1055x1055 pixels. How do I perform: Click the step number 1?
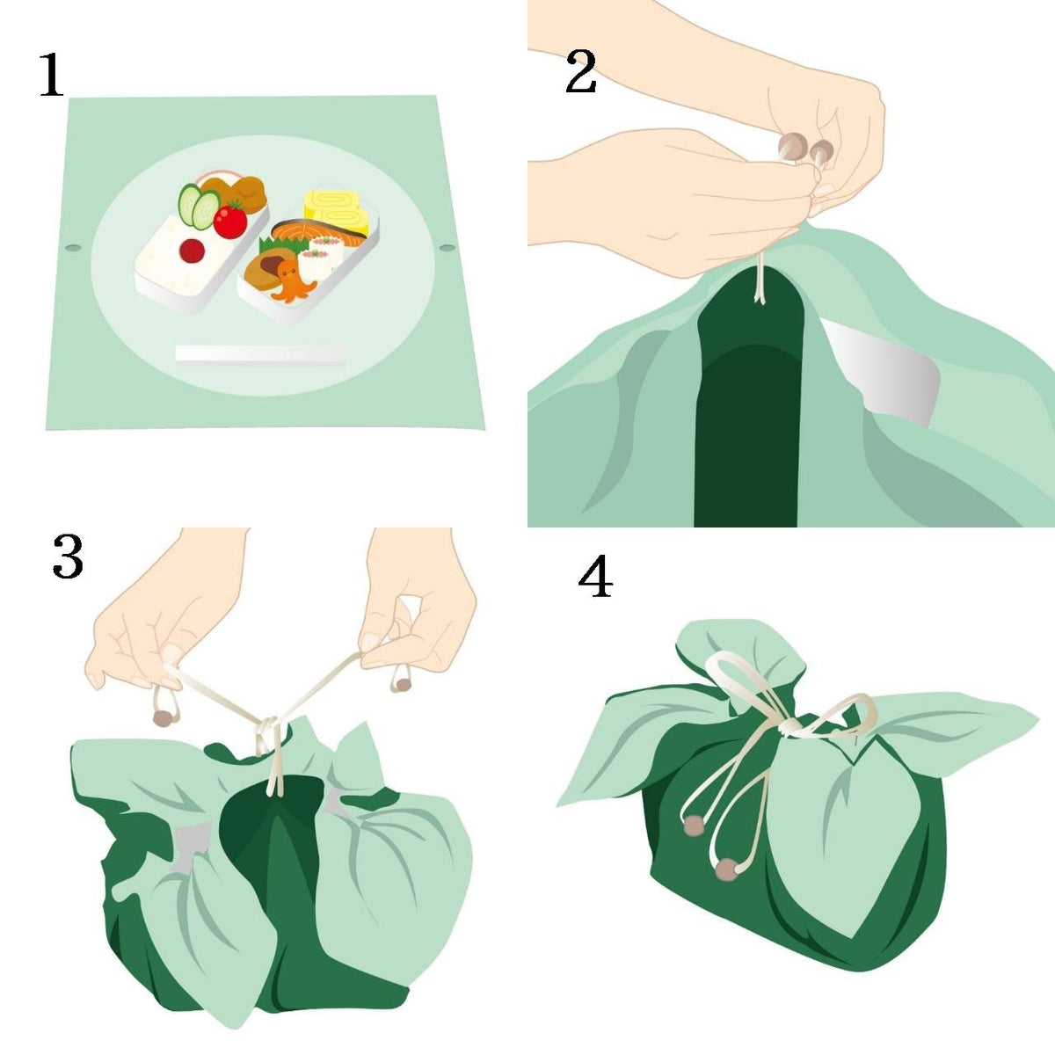[x=52, y=75]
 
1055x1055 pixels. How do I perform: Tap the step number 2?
[x=580, y=70]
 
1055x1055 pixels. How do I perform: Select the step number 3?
[x=68, y=557]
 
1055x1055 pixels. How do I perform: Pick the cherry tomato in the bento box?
[x=230, y=220]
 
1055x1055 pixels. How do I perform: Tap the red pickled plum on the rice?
[x=193, y=251]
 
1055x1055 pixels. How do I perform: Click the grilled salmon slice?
[x=320, y=233]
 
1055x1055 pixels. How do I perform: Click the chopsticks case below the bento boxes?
[x=260, y=354]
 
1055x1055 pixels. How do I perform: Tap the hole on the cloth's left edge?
[x=73, y=248]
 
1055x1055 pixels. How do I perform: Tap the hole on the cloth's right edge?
[x=447, y=248]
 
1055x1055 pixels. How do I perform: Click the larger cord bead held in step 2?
[x=791, y=147]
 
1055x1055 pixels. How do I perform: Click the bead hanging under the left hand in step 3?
[x=162, y=718]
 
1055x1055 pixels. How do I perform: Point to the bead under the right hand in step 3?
[x=404, y=684]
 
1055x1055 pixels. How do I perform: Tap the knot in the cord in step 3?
[x=268, y=726]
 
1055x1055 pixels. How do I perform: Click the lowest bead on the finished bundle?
[x=726, y=870]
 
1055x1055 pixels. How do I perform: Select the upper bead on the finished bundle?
[x=695, y=826]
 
